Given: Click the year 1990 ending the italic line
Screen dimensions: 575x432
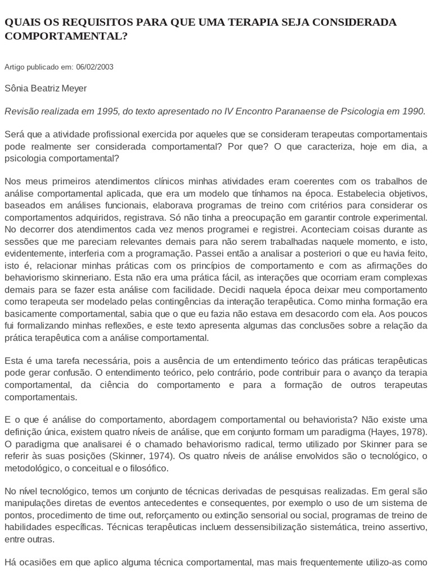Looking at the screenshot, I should pyautogui.click(x=414, y=111).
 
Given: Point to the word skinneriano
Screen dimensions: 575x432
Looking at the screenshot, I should pyautogui.click(x=78, y=277).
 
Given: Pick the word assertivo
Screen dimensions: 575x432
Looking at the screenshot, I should pyautogui.click(x=407, y=528).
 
